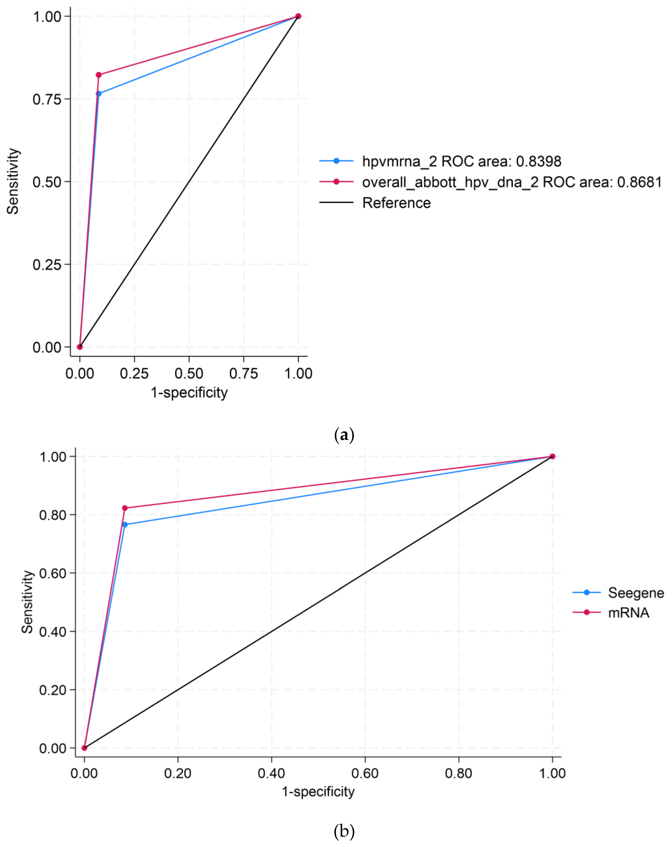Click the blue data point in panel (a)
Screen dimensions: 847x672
point(99,93)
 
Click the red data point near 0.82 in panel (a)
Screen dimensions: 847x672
point(99,75)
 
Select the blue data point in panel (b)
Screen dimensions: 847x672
point(125,524)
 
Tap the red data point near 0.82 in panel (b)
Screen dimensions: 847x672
point(125,508)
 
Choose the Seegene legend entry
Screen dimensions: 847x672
point(636,592)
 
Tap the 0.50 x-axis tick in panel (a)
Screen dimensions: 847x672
point(189,373)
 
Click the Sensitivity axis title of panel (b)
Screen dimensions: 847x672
point(27,602)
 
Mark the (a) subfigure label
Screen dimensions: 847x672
point(344,434)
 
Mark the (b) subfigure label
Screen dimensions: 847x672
point(344,831)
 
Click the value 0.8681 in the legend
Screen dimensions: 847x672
point(639,182)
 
